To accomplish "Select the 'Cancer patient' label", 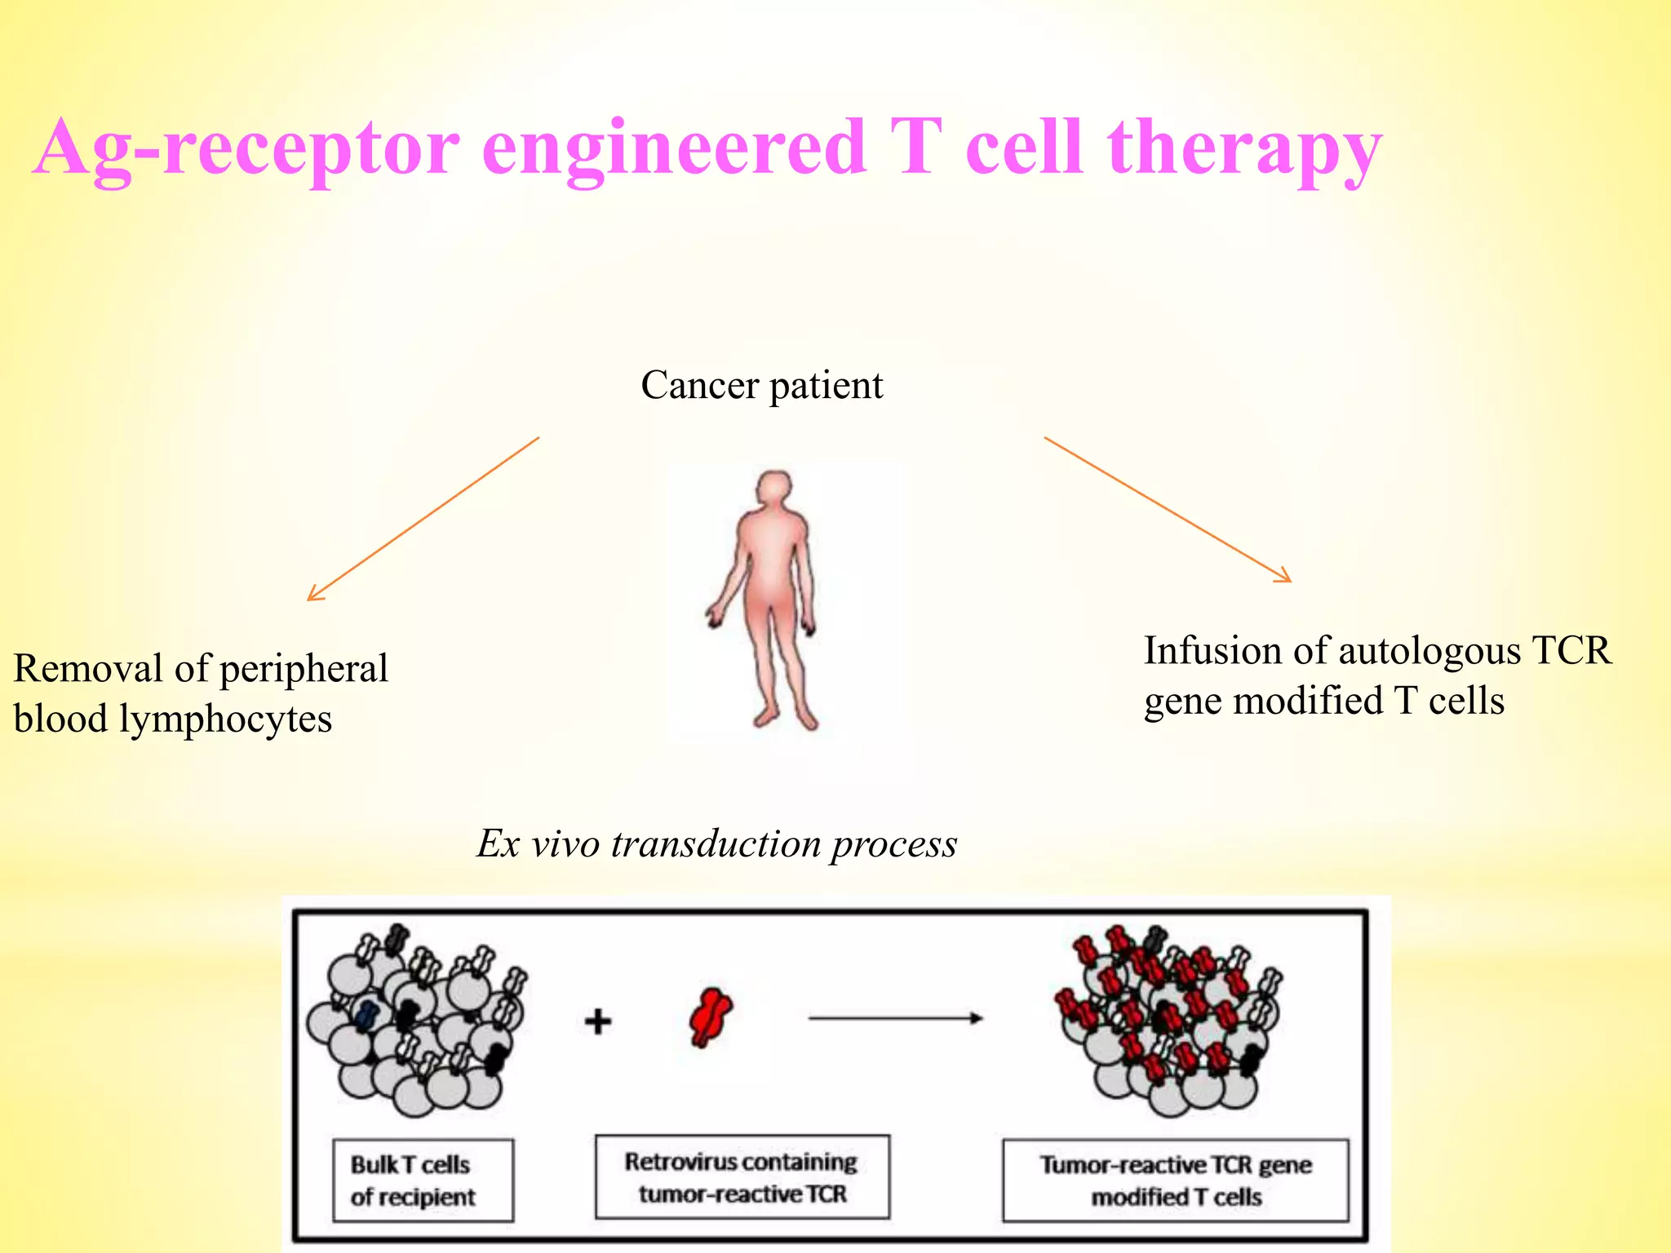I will [x=761, y=385].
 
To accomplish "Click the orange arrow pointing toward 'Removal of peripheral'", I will [x=423, y=519].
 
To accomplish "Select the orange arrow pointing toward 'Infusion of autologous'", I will [x=1168, y=509].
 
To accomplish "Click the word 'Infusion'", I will [x=1210, y=651].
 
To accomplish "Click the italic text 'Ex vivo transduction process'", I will [x=716, y=843].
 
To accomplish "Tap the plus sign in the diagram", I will [x=598, y=1021].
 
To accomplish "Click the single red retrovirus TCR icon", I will [x=710, y=1016].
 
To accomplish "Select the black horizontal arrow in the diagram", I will [x=895, y=1018].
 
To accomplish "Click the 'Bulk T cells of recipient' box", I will [x=423, y=1180].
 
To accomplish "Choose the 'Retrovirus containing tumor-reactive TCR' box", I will [x=742, y=1176].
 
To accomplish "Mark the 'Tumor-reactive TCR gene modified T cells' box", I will [x=1175, y=1180].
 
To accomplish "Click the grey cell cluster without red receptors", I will [x=416, y=1024].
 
